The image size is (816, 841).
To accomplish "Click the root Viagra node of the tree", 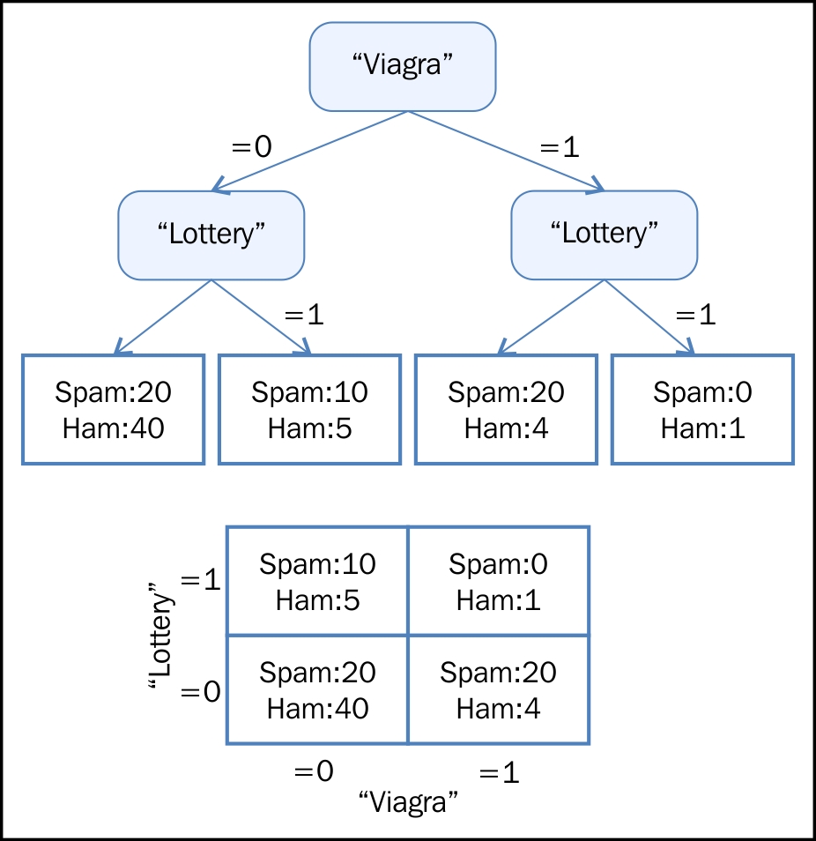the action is tap(403, 66).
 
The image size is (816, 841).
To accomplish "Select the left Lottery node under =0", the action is tap(211, 234).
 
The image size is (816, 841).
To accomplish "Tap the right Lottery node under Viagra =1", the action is tap(605, 234).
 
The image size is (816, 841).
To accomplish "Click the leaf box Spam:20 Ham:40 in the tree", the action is tap(113, 409).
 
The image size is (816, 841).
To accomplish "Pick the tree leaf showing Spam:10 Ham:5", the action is tap(309, 409).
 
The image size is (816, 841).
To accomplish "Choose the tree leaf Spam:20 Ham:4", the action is tap(506, 409).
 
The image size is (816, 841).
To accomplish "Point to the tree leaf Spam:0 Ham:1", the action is tap(702, 409).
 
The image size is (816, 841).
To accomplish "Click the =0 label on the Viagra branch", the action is tap(251, 146).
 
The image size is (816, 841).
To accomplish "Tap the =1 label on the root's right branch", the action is tap(560, 146).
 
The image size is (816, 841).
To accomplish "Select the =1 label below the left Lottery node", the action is tap(304, 315).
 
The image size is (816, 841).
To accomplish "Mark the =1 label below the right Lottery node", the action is tap(695, 315).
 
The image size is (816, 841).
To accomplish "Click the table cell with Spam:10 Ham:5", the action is tap(317, 581).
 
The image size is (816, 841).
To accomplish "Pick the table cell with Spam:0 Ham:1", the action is tap(499, 581).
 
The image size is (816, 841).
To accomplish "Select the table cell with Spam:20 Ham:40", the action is tap(317, 689).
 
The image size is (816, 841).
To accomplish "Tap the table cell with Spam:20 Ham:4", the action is tap(499, 689).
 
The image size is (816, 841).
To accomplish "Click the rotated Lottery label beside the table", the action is tap(159, 635).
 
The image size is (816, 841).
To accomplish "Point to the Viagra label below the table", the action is tap(408, 803).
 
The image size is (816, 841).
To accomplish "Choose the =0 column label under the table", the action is tap(314, 771).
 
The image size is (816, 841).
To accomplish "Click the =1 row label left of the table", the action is tap(201, 580).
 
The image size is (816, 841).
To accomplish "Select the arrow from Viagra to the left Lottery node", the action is tap(310, 151).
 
